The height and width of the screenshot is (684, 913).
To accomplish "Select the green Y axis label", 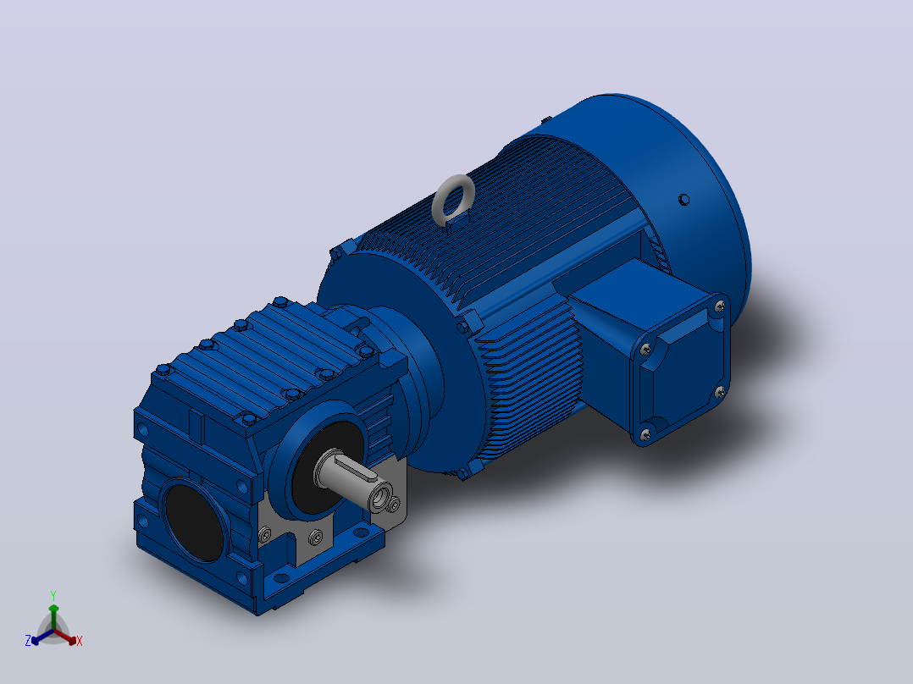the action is [53, 595].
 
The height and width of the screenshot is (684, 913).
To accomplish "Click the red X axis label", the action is [80, 641].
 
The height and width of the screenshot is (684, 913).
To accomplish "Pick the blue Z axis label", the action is [27, 641].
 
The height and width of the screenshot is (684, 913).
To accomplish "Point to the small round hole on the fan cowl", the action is [684, 200].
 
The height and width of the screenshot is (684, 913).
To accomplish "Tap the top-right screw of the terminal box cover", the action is [720, 305].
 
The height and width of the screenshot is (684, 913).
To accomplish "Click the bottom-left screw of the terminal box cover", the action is [645, 433].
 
